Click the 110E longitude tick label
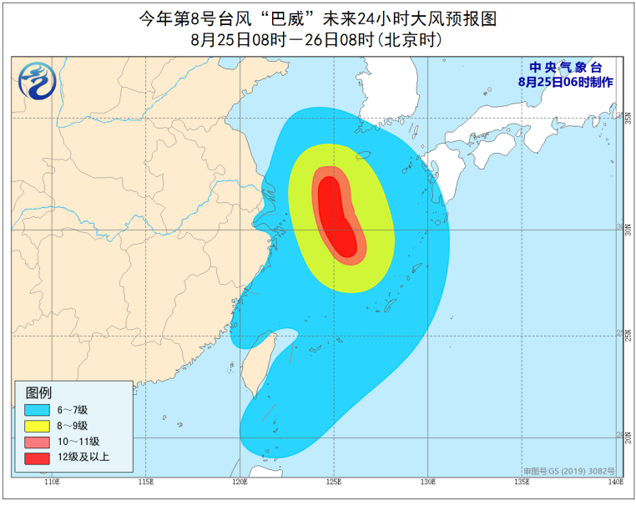[52, 482]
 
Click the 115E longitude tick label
[146, 482]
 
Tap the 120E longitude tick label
[240, 482]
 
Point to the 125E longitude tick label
[334, 482]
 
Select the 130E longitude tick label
[428, 482]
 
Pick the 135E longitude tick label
[522, 482]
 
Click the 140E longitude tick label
[615, 482]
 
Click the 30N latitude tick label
[628, 229]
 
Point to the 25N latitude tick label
[628, 335]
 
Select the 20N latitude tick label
[628, 438]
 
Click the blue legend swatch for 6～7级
[37, 409]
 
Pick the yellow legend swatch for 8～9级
[37, 425]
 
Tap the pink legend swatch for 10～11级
[37, 441]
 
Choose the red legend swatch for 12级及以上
[37, 457]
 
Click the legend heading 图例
[38, 392]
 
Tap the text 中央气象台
[565, 68]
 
